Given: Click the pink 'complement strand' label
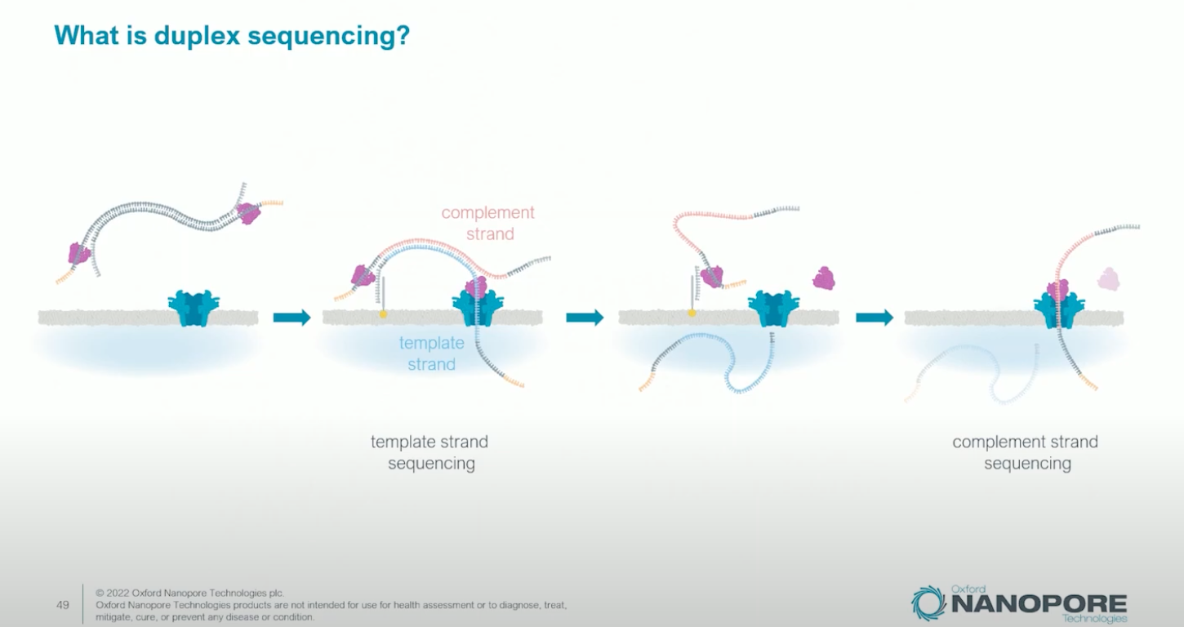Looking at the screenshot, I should (488, 223).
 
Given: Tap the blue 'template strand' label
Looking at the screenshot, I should (431, 354).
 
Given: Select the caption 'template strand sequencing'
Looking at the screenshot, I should (430, 452).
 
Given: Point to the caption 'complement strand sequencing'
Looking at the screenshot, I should (1026, 452).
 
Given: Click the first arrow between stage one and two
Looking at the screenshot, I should (292, 318).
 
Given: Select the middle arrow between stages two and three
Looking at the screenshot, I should (585, 318).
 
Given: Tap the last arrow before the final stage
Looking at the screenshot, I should (875, 318).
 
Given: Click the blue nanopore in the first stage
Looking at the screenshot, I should (194, 309).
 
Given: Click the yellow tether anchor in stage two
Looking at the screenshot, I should (383, 313).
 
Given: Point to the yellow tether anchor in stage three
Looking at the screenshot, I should (692, 313).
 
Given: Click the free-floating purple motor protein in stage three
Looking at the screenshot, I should (824, 278).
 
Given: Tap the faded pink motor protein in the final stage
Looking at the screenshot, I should (1109, 279).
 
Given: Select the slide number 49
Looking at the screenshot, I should (62, 605).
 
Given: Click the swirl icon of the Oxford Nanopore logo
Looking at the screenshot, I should (928, 603).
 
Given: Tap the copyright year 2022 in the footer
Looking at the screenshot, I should (119, 593).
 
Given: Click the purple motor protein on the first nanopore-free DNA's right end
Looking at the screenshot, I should (248, 213).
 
